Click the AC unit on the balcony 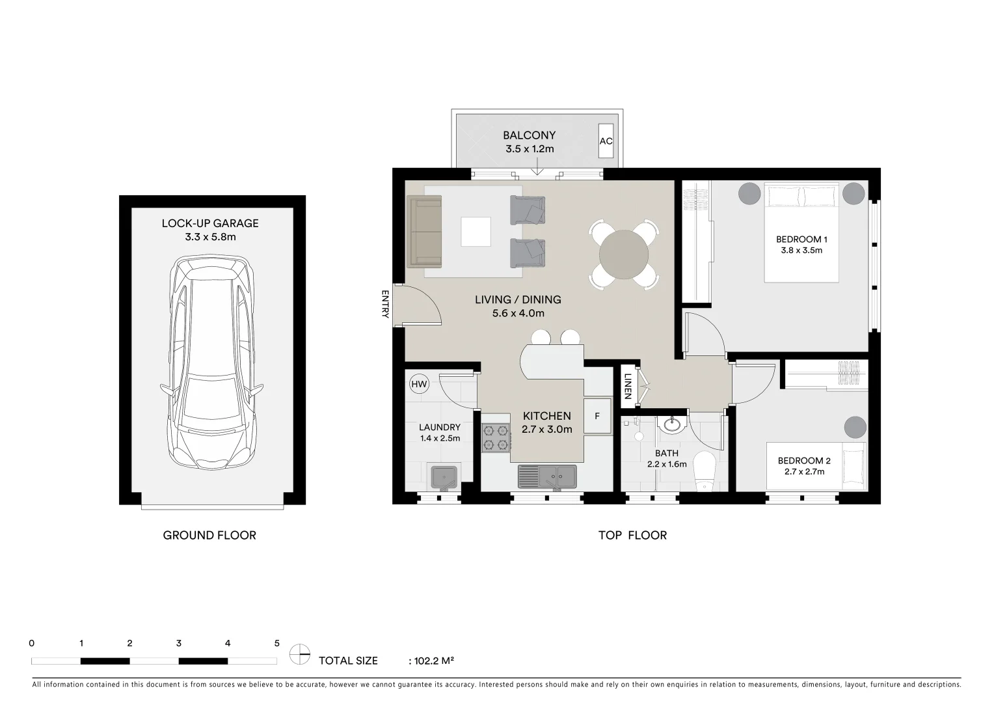point(606,141)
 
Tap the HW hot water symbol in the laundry point(420,384)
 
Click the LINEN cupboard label point(628,385)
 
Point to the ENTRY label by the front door point(385,304)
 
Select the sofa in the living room point(424,231)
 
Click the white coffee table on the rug point(476,232)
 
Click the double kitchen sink point(547,476)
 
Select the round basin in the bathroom point(669,425)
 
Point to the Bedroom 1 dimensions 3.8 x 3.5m point(801,251)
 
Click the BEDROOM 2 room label point(804,461)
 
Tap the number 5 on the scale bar point(276,643)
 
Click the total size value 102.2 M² point(431,661)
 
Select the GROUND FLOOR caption point(209,535)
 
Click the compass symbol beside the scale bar point(300,654)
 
